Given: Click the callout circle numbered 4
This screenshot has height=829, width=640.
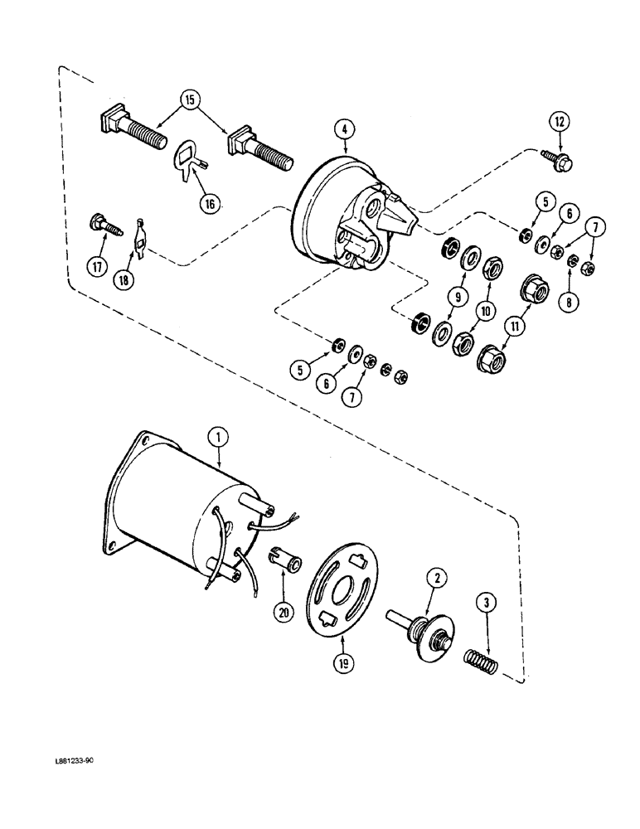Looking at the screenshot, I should (x=343, y=129).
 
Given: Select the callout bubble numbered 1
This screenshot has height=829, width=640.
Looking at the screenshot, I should (x=219, y=434).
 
